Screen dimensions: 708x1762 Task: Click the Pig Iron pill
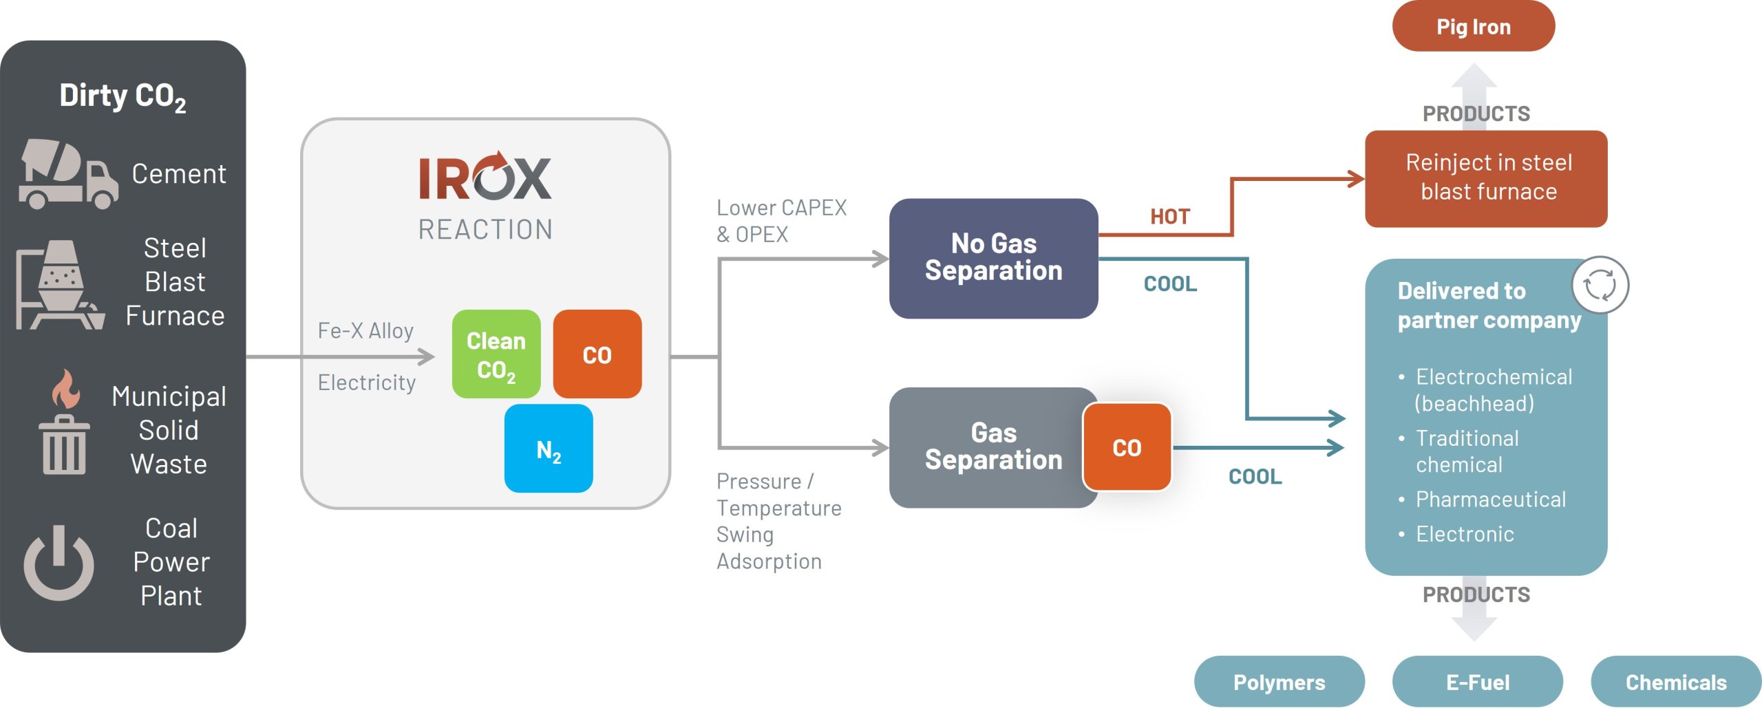click(x=1473, y=27)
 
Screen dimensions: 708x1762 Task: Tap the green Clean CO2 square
click(x=496, y=354)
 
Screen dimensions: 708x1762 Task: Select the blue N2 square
click(x=549, y=449)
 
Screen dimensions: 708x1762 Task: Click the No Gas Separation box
click(x=993, y=258)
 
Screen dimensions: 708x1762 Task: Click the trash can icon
click(x=64, y=445)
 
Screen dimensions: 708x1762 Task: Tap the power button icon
click(x=59, y=563)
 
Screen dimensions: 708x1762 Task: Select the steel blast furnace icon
click(x=61, y=285)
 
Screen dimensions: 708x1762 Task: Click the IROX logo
click(x=485, y=178)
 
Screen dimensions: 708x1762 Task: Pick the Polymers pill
click(x=1279, y=682)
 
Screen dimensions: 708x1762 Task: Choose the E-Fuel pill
click(x=1477, y=682)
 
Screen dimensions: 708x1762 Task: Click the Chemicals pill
click(x=1675, y=682)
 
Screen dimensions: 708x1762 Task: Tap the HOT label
click(x=1169, y=217)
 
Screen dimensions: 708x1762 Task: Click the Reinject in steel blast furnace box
click(x=1486, y=178)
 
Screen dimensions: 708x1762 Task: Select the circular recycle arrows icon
click(x=1600, y=284)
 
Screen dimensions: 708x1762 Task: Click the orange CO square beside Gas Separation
click(x=1127, y=447)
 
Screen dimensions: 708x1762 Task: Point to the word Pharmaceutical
click(x=1490, y=499)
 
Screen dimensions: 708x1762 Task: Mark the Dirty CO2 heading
click(x=123, y=96)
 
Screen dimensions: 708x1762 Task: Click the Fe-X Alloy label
click(x=365, y=331)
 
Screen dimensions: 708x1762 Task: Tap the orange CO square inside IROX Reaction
click(x=597, y=354)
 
